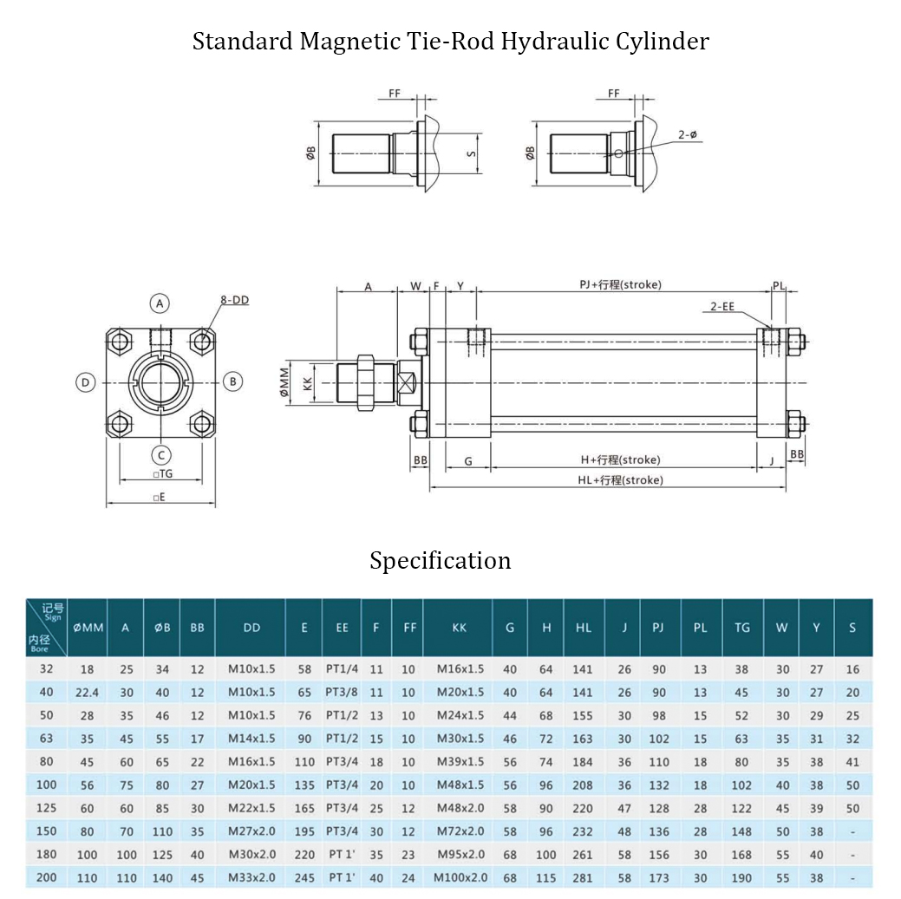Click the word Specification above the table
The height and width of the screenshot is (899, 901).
(441, 561)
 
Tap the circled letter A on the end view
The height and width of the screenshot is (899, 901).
(159, 303)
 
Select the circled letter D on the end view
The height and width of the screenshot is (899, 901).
(84, 381)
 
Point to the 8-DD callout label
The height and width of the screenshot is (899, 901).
(234, 300)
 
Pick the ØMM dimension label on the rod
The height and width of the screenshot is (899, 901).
(284, 381)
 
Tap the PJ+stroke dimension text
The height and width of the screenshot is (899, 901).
(620, 284)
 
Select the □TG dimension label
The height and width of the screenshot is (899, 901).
(162, 474)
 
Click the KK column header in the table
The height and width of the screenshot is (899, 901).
(460, 628)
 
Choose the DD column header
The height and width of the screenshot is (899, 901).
(251, 628)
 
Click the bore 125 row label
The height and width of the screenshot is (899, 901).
(46, 808)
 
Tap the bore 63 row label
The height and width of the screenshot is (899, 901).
(46, 739)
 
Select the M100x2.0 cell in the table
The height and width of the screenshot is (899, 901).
(460, 877)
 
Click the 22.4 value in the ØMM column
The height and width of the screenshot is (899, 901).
(88, 692)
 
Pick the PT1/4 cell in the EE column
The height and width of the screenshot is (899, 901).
(342, 669)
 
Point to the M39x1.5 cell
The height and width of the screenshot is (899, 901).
(460, 762)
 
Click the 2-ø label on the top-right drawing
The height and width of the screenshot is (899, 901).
(688, 134)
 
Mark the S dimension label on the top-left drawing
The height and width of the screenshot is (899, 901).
(471, 153)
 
